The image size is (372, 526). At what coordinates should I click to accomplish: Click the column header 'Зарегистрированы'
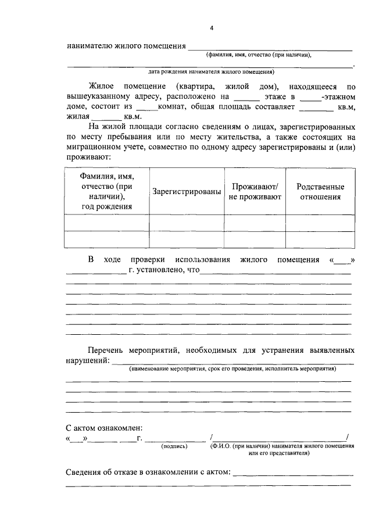(187, 192)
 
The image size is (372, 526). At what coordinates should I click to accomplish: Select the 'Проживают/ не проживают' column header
(255, 192)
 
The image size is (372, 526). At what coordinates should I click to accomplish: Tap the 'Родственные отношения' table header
(320, 192)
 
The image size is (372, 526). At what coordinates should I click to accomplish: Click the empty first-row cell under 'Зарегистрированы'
(187, 223)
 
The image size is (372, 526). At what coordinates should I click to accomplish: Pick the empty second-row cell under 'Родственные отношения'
(320, 239)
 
